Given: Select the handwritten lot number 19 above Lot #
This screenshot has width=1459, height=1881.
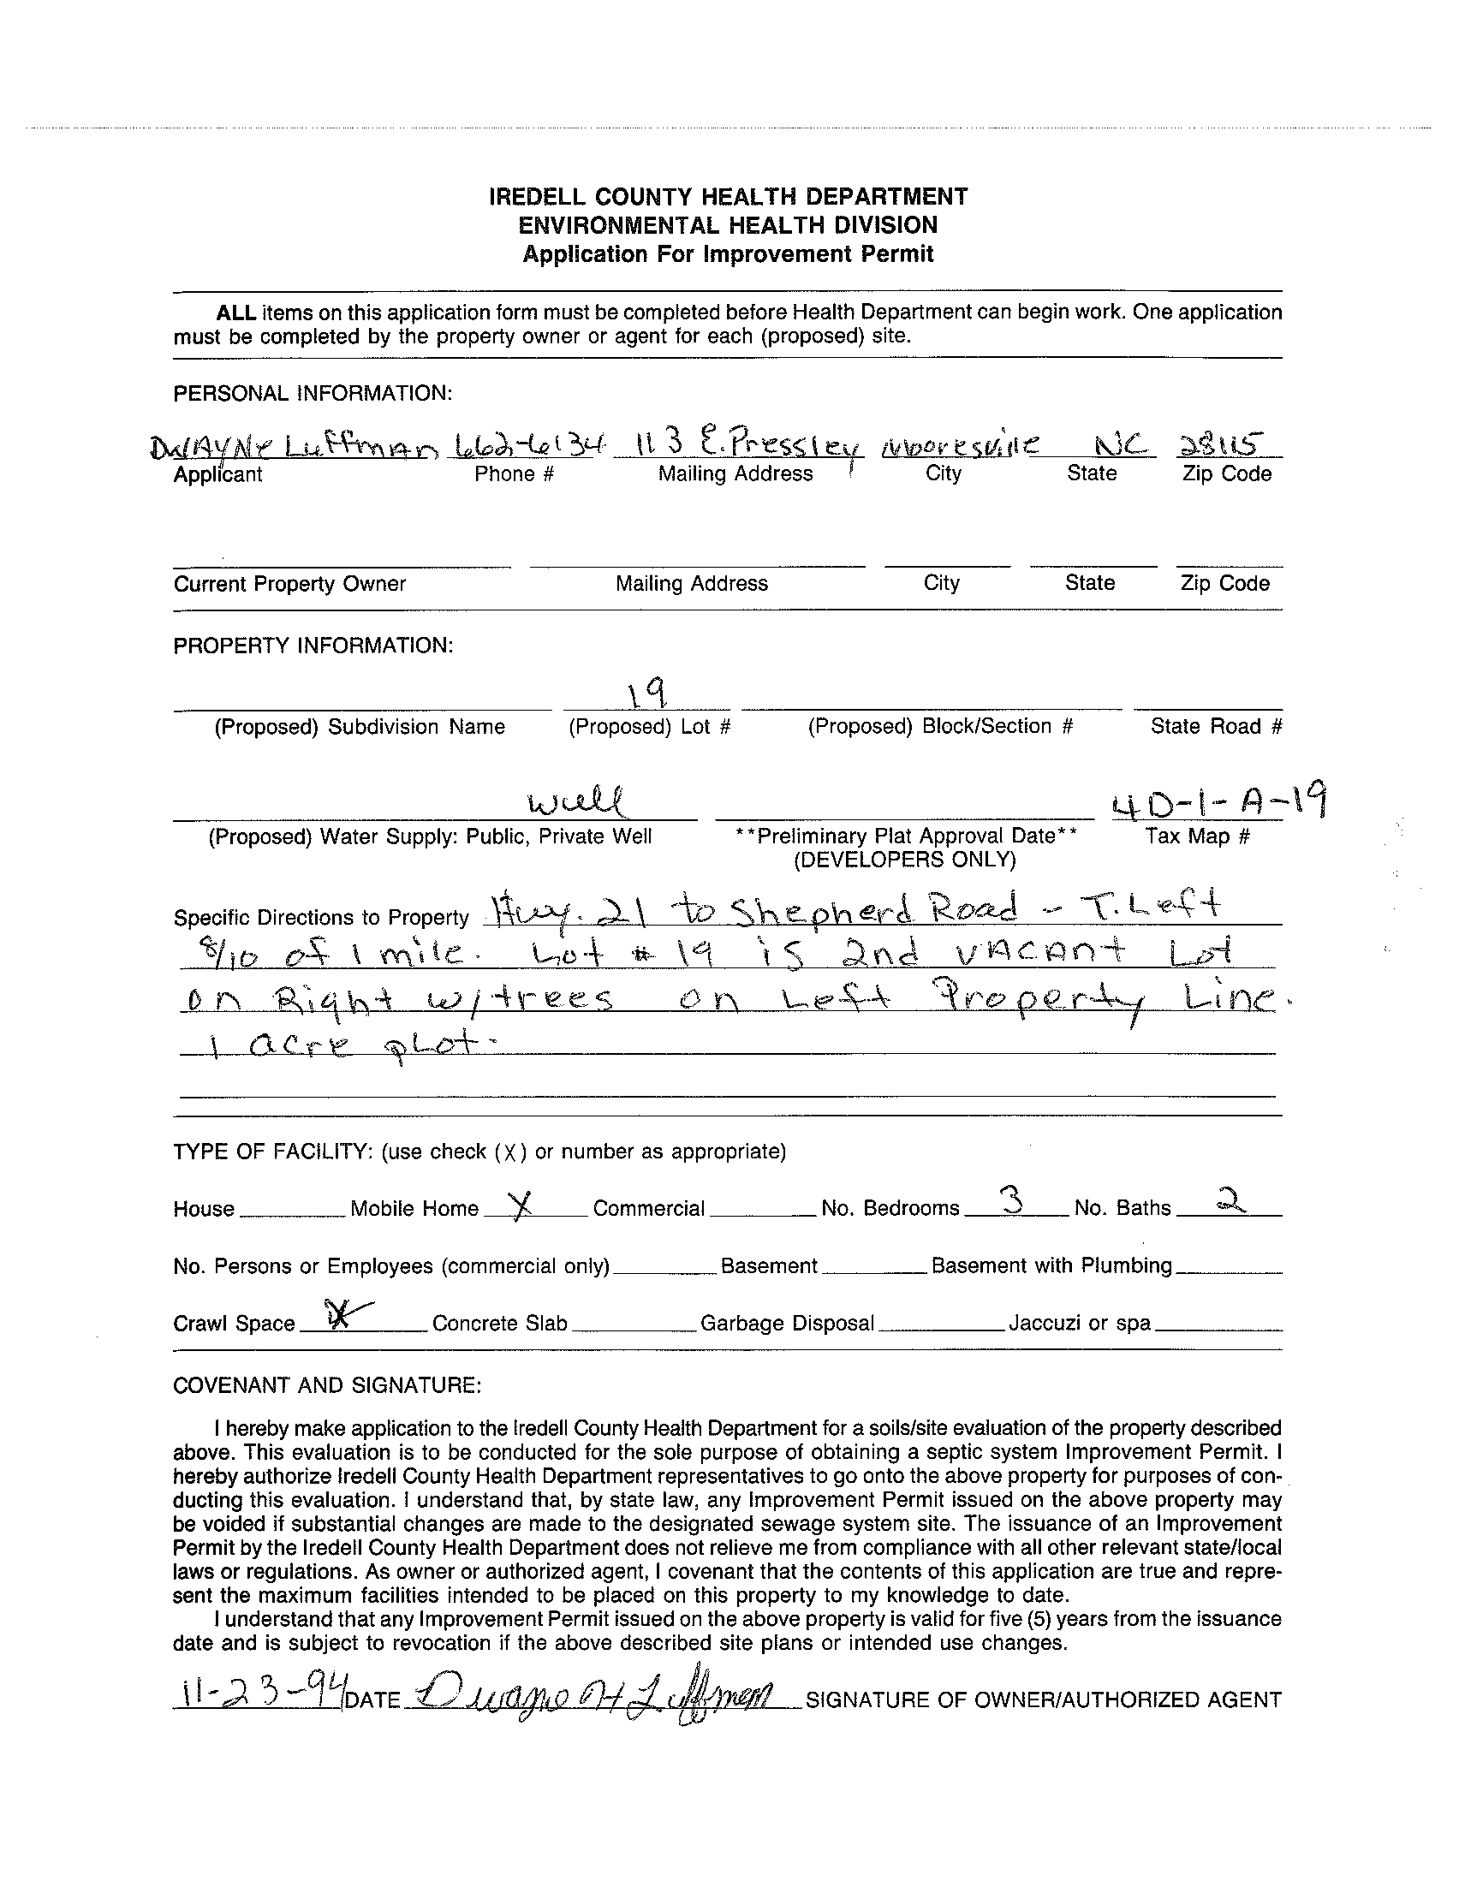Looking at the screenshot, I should click(x=646, y=689).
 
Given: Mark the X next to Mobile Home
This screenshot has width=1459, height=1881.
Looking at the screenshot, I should click(x=519, y=1208).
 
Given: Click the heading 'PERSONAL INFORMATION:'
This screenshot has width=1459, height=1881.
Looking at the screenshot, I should click(x=313, y=394).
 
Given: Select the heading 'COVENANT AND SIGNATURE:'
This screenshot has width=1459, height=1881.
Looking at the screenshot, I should click(x=326, y=1385).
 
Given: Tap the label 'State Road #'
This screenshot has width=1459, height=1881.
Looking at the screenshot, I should click(x=1216, y=727).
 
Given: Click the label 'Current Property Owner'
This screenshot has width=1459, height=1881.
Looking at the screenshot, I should click(x=289, y=584).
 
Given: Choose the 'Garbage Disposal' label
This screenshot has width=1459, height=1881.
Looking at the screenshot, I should click(x=787, y=1323).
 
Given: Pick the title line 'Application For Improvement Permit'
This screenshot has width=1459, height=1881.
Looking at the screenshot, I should click(x=728, y=254).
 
